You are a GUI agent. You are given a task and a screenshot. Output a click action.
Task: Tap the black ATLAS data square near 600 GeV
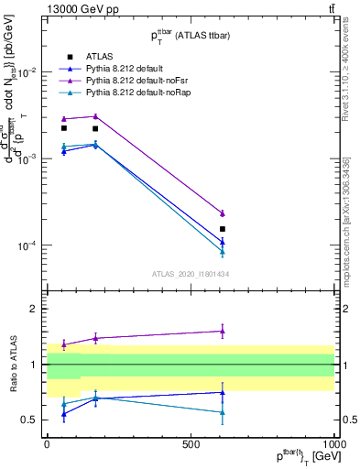tap(223, 229)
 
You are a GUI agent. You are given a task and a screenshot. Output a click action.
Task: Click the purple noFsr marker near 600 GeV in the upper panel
tap(223, 213)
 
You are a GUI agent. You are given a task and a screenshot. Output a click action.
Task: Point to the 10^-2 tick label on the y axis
tap(28, 71)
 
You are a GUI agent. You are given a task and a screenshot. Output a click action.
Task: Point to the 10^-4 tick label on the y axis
tap(28, 245)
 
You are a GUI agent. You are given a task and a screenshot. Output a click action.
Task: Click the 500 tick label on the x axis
tap(191, 443)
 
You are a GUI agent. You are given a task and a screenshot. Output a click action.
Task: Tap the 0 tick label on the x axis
tap(47, 443)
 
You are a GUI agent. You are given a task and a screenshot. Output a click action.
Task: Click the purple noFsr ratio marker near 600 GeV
tap(223, 332)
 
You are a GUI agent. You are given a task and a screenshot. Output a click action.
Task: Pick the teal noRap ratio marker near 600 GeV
tap(223, 412)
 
